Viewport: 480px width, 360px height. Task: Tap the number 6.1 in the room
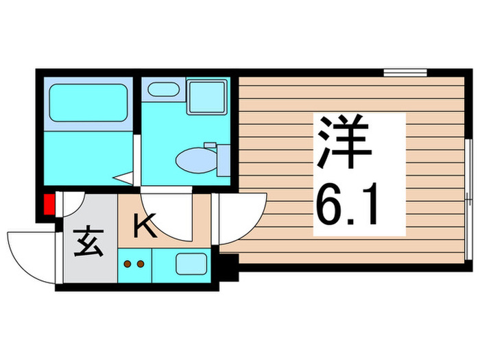pos(347,205)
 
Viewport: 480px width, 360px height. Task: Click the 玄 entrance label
pos(90,245)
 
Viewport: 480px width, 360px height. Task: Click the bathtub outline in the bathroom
pos(88,103)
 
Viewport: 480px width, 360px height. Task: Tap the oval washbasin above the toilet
pos(163,89)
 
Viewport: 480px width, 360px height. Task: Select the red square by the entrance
pos(49,205)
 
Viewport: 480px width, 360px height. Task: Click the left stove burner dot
pos(127,263)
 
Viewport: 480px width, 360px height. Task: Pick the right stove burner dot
pos(141,263)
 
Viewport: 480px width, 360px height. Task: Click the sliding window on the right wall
pos(468,199)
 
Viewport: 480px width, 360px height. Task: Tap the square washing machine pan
pos(207,97)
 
